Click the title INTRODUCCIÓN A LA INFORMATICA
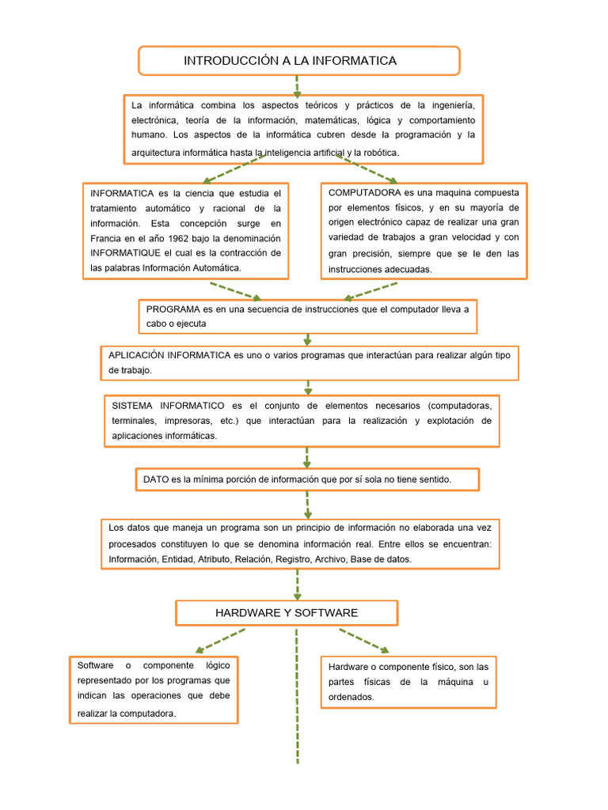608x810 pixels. [x=290, y=61]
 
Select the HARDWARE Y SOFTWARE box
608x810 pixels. [x=287, y=613]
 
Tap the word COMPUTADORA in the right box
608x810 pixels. [x=364, y=193]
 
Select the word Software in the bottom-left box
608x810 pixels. [x=96, y=665]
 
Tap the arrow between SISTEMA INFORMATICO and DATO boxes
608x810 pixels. [x=307, y=456]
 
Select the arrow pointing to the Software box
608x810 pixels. [x=218, y=641]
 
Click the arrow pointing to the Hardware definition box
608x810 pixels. [x=365, y=641]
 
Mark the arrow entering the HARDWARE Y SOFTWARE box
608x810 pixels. [x=298, y=585]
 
